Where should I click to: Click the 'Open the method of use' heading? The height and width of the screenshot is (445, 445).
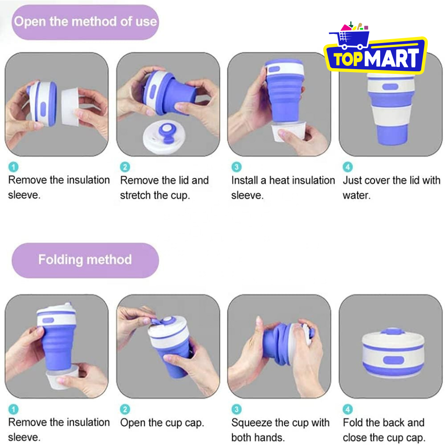coord(85,22)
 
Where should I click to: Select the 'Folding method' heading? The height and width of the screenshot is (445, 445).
coord(85,260)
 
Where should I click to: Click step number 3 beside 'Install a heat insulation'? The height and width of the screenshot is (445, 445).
coord(237,167)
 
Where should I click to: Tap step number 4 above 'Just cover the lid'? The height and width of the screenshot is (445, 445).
coord(348,167)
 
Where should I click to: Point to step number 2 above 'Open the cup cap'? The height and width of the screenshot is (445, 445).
coord(125,409)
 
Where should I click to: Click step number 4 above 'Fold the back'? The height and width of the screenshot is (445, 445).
coord(348,409)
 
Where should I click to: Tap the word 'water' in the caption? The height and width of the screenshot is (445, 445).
coord(356,195)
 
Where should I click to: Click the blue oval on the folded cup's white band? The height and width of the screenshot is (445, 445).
coord(393,360)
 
